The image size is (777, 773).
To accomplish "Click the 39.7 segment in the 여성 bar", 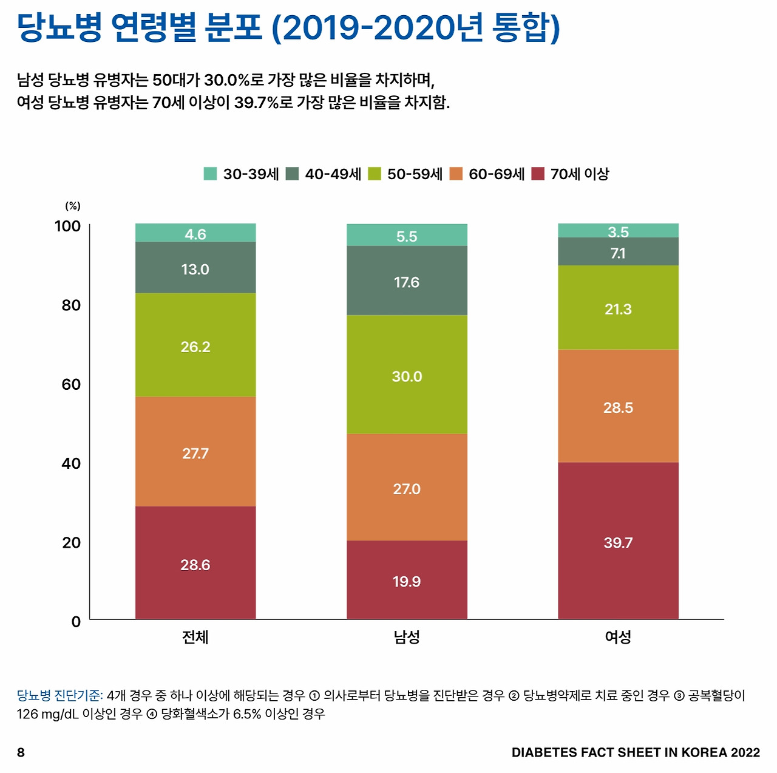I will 618,540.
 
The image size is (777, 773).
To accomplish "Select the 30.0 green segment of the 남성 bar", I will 407,374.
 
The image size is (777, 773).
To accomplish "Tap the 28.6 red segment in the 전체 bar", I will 195,563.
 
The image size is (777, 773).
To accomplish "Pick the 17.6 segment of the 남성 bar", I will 407,281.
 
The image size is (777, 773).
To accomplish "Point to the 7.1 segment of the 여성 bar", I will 618,252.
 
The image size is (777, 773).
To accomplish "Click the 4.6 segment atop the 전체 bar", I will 195,233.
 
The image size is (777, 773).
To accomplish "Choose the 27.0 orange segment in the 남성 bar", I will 407,487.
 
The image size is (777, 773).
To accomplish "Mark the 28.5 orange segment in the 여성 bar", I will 618,406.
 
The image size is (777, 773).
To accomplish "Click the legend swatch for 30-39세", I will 210,174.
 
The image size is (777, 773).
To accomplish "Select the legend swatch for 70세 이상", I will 538,174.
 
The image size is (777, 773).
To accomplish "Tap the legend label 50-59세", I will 415,174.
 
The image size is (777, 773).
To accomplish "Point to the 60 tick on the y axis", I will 71,384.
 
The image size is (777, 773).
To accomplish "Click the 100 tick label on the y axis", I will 67,226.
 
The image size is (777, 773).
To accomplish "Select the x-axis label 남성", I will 407,637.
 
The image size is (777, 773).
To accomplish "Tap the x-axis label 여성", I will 618,637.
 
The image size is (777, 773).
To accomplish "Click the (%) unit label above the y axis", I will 73,206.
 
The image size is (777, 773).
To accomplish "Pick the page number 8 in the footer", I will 21,753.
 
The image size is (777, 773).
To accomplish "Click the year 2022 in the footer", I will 745,753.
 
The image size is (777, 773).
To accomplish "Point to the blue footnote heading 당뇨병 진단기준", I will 59,696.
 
